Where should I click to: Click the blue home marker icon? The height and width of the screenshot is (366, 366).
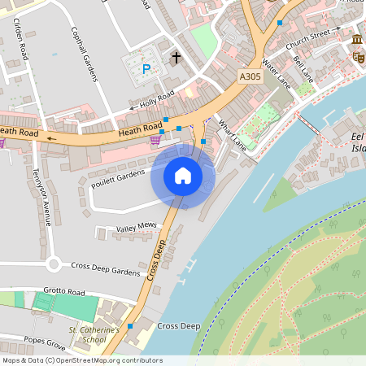click(x=183, y=176)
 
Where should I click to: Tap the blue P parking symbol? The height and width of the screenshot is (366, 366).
click(x=146, y=70)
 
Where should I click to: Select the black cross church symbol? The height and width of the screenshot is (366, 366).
click(x=176, y=58)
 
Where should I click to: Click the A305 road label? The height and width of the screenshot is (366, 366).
click(x=251, y=76)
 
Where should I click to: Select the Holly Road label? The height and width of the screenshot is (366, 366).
click(x=157, y=99)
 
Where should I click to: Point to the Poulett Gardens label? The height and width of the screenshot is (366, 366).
click(x=117, y=178)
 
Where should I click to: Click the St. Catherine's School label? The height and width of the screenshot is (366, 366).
click(x=94, y=334)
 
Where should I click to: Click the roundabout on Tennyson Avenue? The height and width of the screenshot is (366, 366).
click(x=54, y=264)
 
